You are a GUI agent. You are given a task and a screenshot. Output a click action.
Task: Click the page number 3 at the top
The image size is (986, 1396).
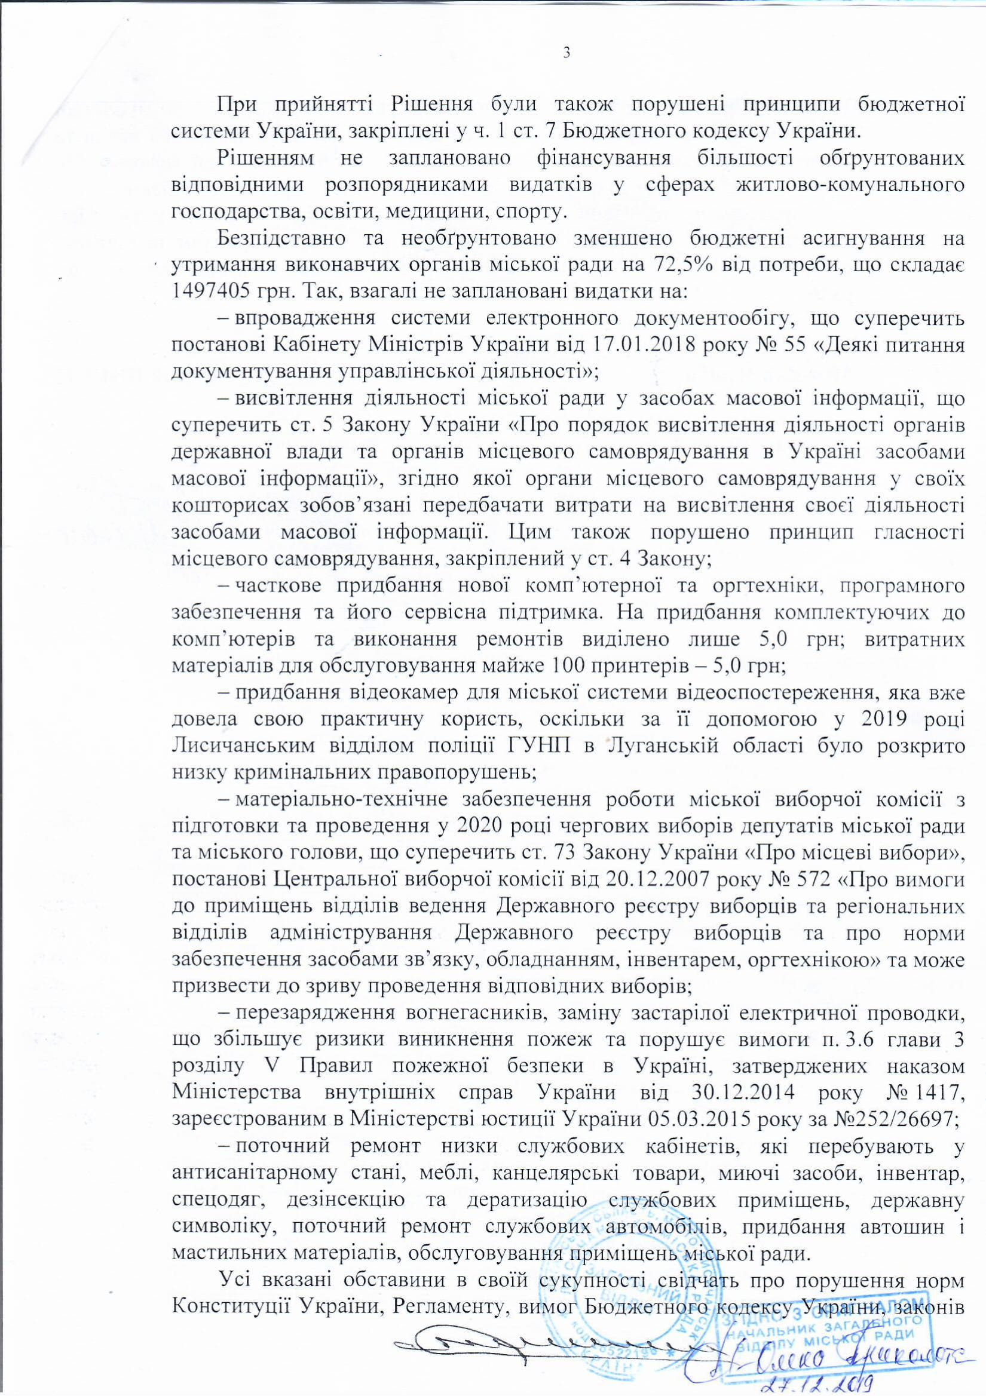point(567,54)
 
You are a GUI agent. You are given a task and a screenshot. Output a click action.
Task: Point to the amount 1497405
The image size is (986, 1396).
point(210,292)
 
